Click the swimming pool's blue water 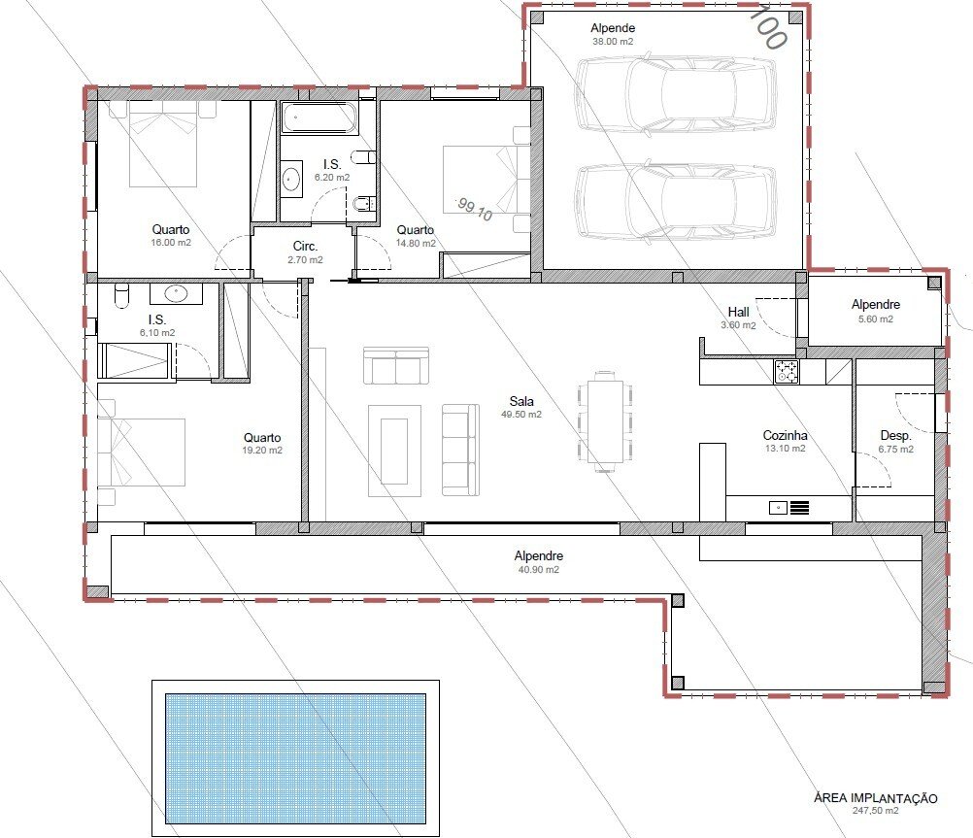point(295,758)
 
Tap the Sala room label point(521,401)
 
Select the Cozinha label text point(785,435)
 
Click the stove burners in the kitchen point(787,371)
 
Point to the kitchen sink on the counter point(778,508)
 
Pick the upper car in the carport point(675,94)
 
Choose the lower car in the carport point(675,201)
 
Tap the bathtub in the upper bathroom point(319,117)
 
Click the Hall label point(738,312)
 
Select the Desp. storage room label point(895,436)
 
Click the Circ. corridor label point(305,247)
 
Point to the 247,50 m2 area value point(875,810)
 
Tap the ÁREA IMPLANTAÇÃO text point(876,798)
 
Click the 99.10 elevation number point(475,209)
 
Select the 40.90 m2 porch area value point(539,569)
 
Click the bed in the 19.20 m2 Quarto point(142,452)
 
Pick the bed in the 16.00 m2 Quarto point(162,144)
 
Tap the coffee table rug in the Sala point(394,451)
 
